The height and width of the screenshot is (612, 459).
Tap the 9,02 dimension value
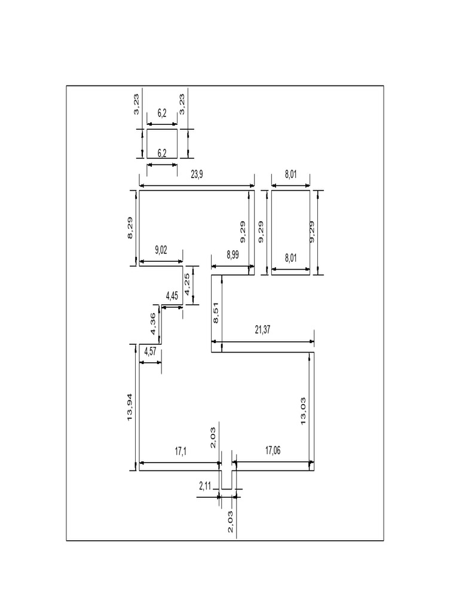161,251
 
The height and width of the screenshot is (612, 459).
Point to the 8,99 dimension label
233,255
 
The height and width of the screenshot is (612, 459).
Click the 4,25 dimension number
187,284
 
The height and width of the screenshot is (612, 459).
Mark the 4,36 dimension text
152,324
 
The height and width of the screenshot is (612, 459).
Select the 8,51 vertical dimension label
216,313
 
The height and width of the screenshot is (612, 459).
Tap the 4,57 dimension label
150,352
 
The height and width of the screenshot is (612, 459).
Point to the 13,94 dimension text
130,408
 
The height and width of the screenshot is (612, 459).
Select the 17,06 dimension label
273,451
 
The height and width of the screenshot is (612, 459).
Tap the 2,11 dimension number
205,486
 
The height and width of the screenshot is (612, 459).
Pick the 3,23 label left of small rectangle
136,103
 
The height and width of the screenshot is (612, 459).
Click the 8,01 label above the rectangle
290,175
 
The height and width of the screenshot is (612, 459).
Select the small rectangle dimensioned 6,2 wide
162,143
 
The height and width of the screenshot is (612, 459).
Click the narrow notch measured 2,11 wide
227,479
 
